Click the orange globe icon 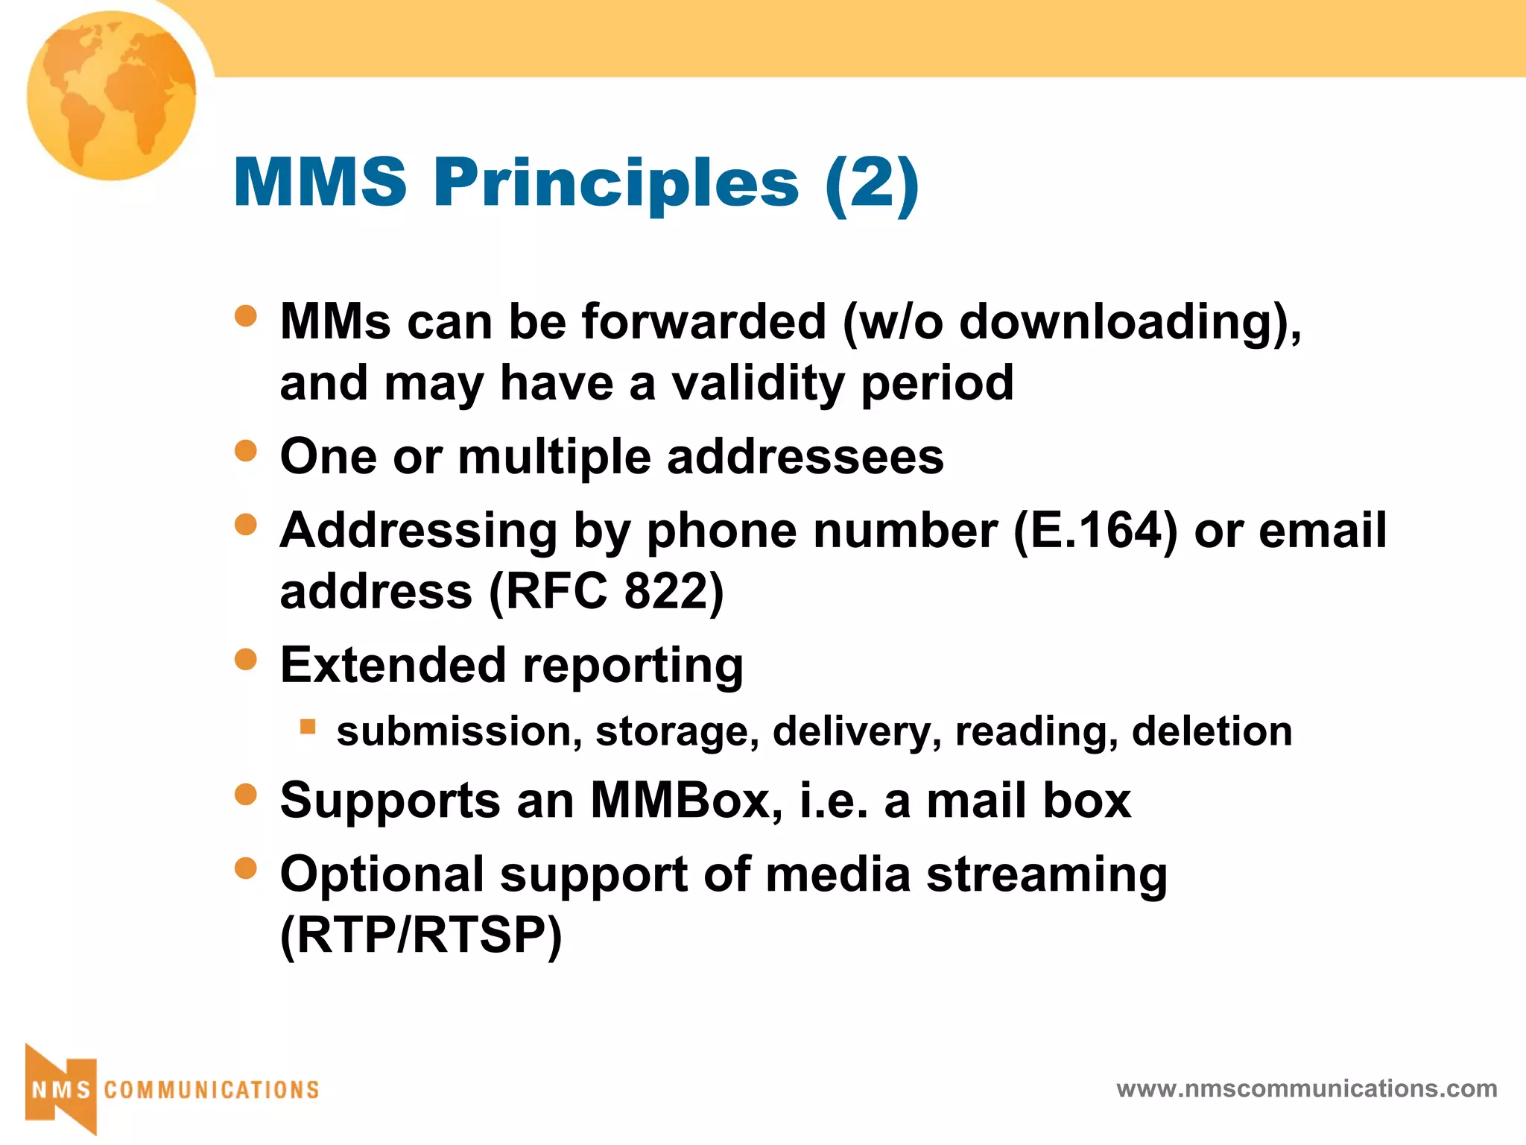click(x=112, y=95)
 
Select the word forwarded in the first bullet click(x=703, y=322)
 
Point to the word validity click(x=758, y=383)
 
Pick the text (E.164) click(x=1095, y=531)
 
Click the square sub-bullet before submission click(x=308, y=726)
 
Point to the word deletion click(x=1212, y=731)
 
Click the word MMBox click(x=686, y=801)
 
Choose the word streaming click(x=1046, y=874)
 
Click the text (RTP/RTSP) click(x=421, y=935)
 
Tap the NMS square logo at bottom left click(x=61, y=1089)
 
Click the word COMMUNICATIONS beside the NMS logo click(x=212, y=1090)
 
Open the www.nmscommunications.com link click(x=1306, y=1089)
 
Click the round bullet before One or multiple click(x=245, y=450)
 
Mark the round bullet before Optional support click(x=245, y=868)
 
